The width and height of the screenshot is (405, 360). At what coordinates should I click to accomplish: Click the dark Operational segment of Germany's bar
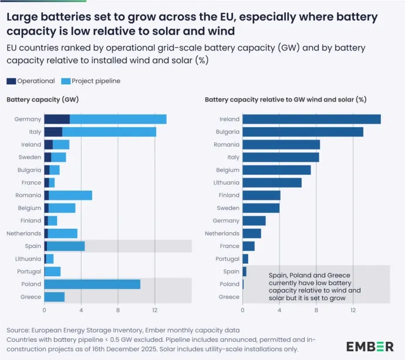pyautogui.click(x=57, y=119)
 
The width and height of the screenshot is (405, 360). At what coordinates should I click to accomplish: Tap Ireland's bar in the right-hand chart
pyautogui.click(x=311, y=119)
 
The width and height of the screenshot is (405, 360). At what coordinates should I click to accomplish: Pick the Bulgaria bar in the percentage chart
pyautogui.click(x=302, y=132)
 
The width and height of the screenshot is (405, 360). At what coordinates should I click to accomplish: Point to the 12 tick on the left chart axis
pyautogui.click(x=154, y=310)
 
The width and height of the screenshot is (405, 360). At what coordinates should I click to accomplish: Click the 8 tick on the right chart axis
pyautogui.click(x=316, y=310)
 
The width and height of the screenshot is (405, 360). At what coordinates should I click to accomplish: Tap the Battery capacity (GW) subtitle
pyautogui.click(x=43, y=100)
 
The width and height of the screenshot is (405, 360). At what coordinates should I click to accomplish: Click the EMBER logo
pyautogui.click(x=370, y=346)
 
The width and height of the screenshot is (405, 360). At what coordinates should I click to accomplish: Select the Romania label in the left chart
pyautogui.click(x=29, y=195)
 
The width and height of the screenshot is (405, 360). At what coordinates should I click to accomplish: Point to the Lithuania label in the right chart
pyautogui.click(x=225, y=182)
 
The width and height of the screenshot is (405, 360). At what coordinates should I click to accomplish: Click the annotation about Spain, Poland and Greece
pyautogui.click(x=314, y=286)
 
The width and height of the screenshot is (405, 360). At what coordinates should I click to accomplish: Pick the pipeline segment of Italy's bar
pyautogui.click(x=109, y=132)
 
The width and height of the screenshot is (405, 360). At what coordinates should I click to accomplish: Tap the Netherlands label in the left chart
pyautogui.click(x=25, y=233)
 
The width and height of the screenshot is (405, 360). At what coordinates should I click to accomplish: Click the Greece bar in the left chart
pyautogui.click(x=54, y=297)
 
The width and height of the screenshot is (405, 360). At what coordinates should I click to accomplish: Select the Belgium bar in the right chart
pyautogui.click(x=276, y=170)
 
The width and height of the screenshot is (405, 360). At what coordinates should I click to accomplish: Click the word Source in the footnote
pyautogui.click(x=18, y=330)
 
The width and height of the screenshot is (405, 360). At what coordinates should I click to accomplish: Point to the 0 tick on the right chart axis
pyautogui.click(x=242, y=310)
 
